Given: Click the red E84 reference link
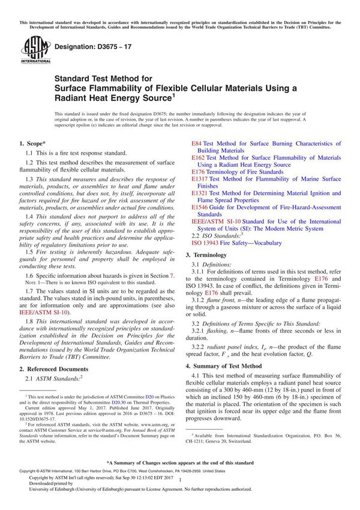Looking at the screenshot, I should [x=196, y=144].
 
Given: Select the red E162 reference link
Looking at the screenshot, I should [x=198, y=158].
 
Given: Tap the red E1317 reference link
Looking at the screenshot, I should [x=200, y=179].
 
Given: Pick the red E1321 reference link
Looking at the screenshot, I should [x=200, y=193].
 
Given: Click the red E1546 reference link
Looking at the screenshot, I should [x=200, y=207].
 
